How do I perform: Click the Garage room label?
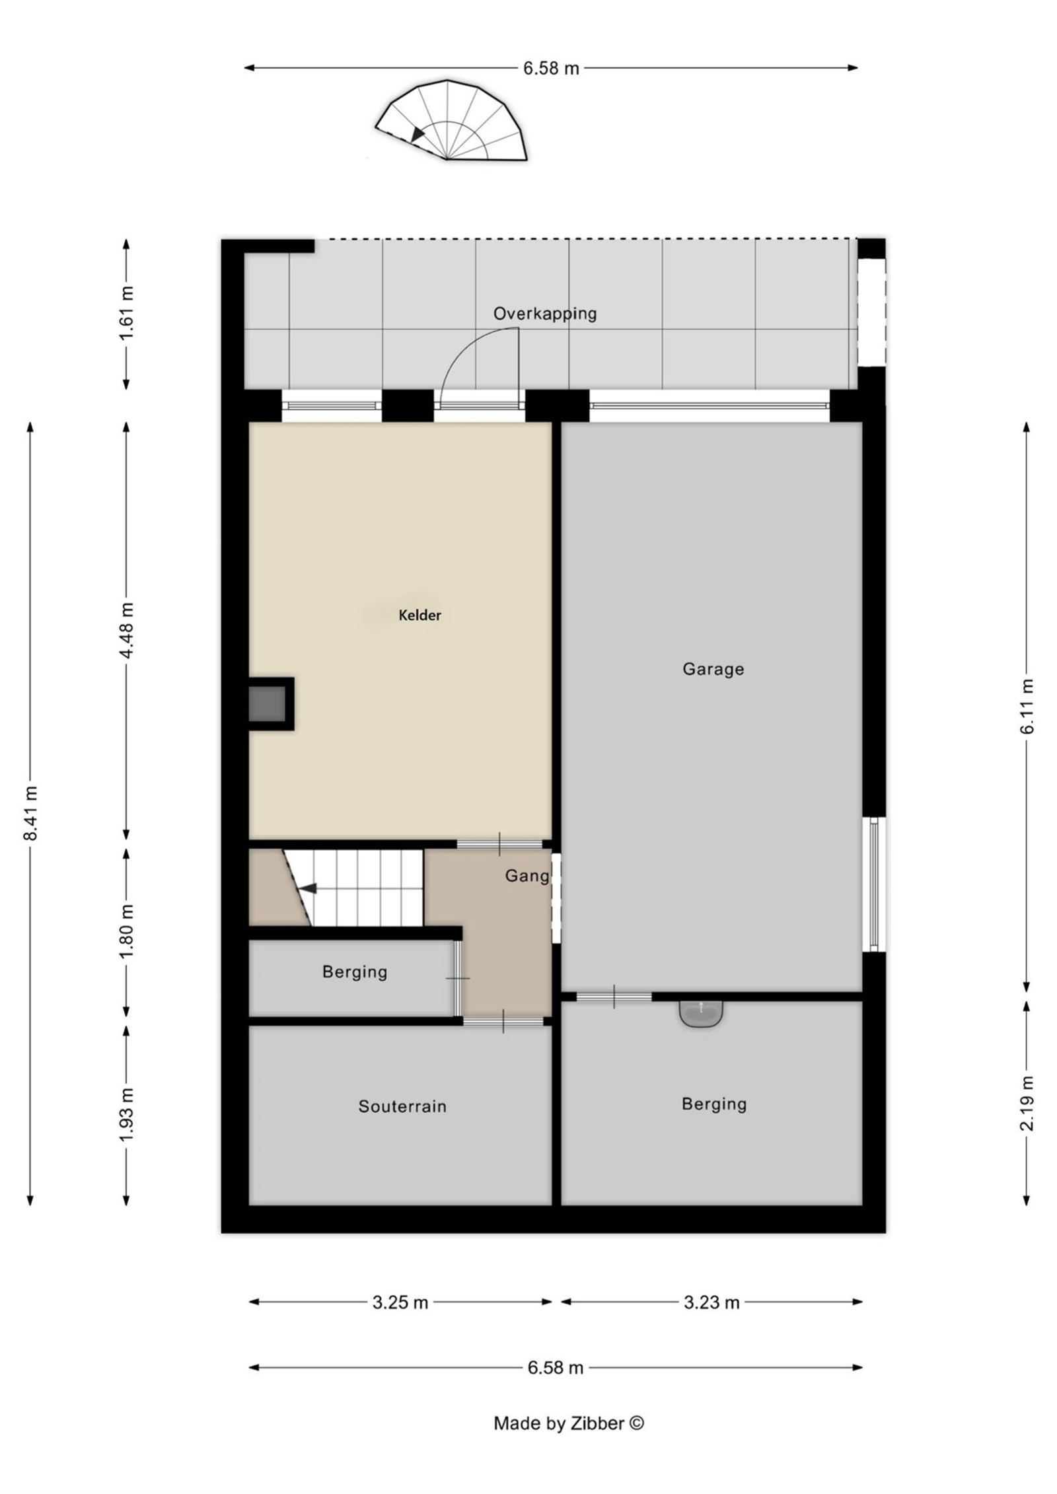713,669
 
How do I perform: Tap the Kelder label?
419,615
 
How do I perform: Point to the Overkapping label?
545,313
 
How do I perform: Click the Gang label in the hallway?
527,876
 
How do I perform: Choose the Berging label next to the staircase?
355,972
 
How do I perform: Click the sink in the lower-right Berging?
701,1014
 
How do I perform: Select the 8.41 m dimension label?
30,813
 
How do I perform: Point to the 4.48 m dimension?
127,630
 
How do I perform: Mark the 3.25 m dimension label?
400,1302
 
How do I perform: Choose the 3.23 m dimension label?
711,1302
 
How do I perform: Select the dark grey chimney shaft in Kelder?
268,704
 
